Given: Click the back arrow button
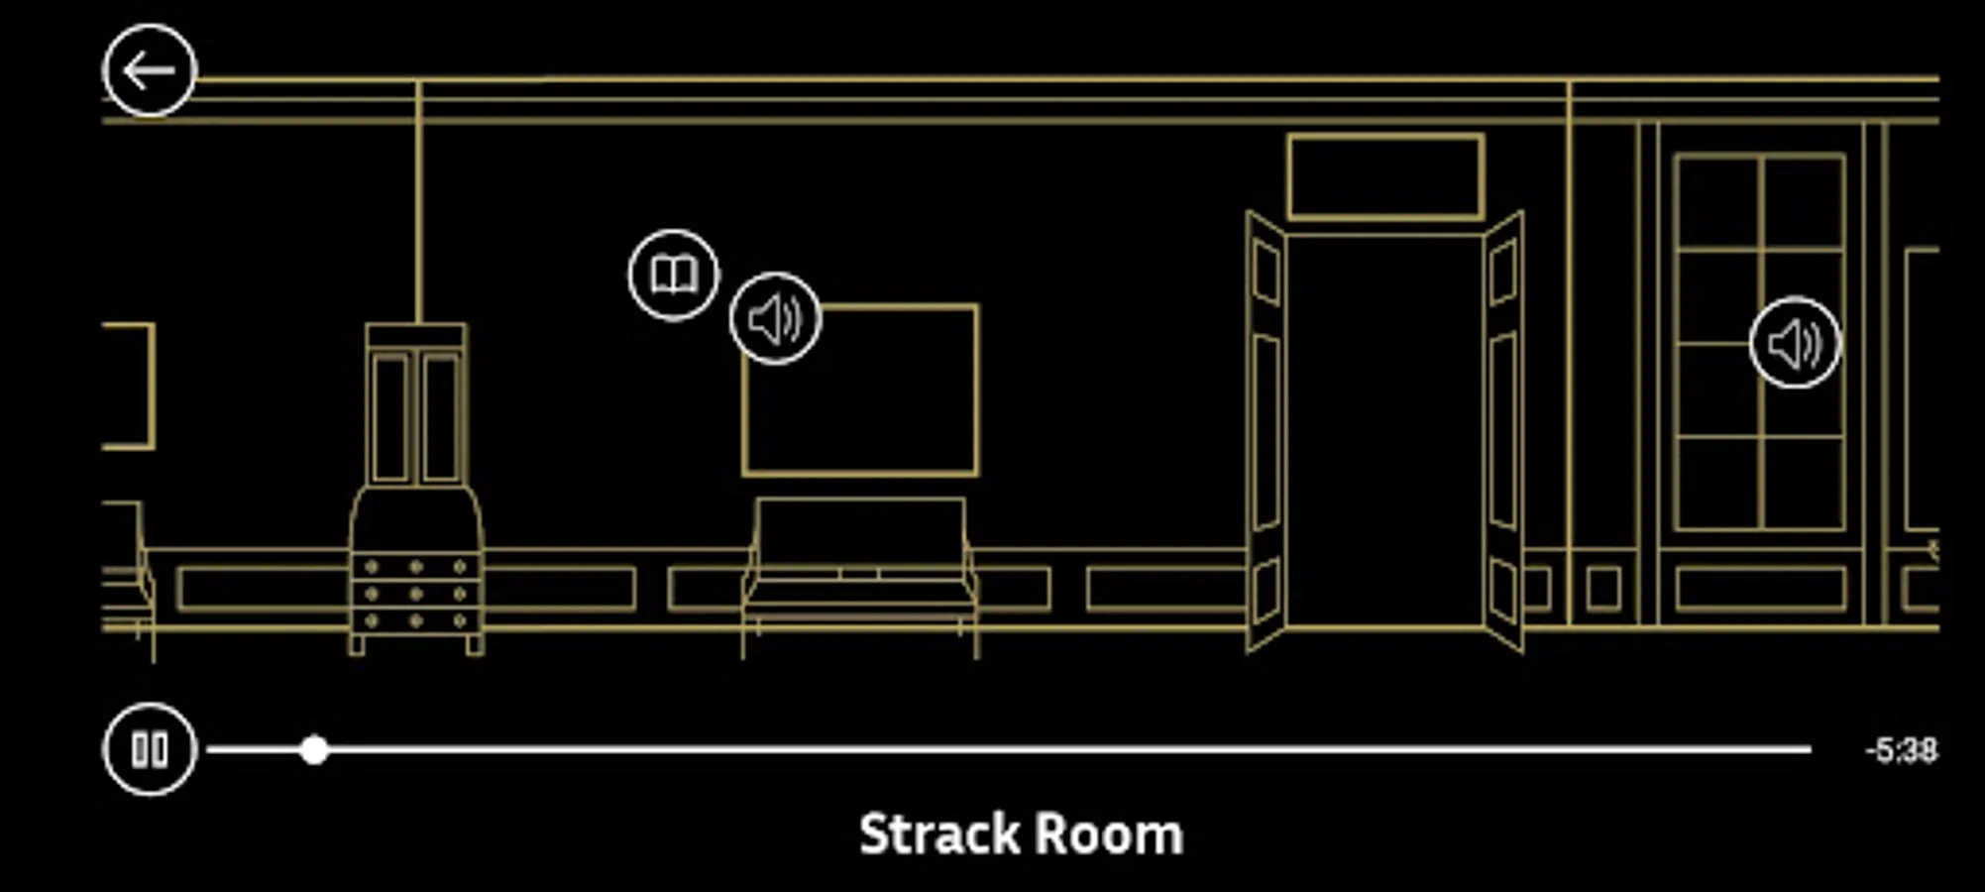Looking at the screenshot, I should tap(150, 71).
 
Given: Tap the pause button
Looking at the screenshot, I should tap(150, 749).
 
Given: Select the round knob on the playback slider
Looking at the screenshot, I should tap(314, 750).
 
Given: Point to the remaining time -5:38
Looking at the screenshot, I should tap(1901, 750).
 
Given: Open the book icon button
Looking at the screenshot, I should tap(674, 276).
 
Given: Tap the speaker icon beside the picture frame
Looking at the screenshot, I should tap(775, 319).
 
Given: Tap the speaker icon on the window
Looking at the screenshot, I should tap(1795, 343).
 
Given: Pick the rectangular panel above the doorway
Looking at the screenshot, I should tap(1385, 176).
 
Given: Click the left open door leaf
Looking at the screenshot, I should tap(1267, 431).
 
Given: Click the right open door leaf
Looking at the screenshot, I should tap(1503, 431).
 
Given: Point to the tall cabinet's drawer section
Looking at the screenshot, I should tap(416, 593).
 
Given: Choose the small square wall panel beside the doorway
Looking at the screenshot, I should tap(1603, 589).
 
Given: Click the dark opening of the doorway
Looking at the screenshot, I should tap(1385, 431).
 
